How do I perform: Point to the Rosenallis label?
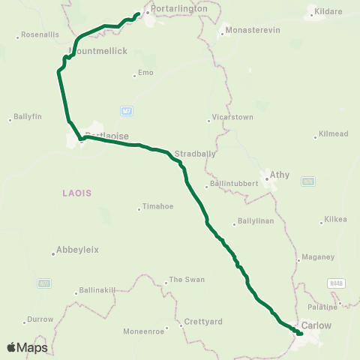[39, 34]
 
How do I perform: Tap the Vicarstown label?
[231, 118]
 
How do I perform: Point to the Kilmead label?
[333, 133]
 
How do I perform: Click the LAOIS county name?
[77, 193]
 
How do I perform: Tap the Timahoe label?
[156, 208]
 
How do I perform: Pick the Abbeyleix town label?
[77, 250]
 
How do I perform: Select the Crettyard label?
[203, 322]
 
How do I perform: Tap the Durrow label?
[40, 319]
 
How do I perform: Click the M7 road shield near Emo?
[127, 112]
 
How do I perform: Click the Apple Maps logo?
[27, 347]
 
